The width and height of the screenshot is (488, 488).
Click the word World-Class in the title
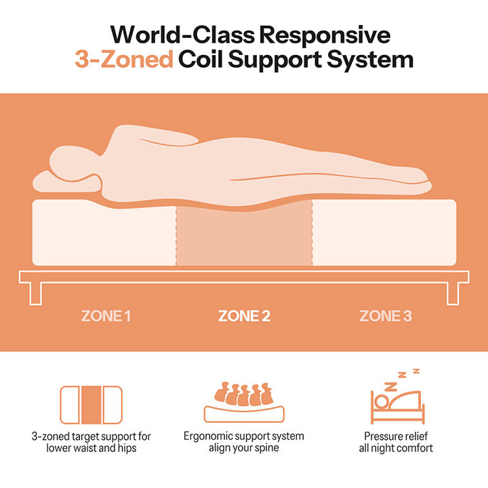pos(175,34)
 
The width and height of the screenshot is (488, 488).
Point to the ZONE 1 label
pos(106,316)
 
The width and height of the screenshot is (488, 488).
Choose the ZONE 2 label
pos(244,316)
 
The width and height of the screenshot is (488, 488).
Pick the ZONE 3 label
pos(385,316)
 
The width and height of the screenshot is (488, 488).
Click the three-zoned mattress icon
pos(91,405)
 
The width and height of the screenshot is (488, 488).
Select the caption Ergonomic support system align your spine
pos(244,442)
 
